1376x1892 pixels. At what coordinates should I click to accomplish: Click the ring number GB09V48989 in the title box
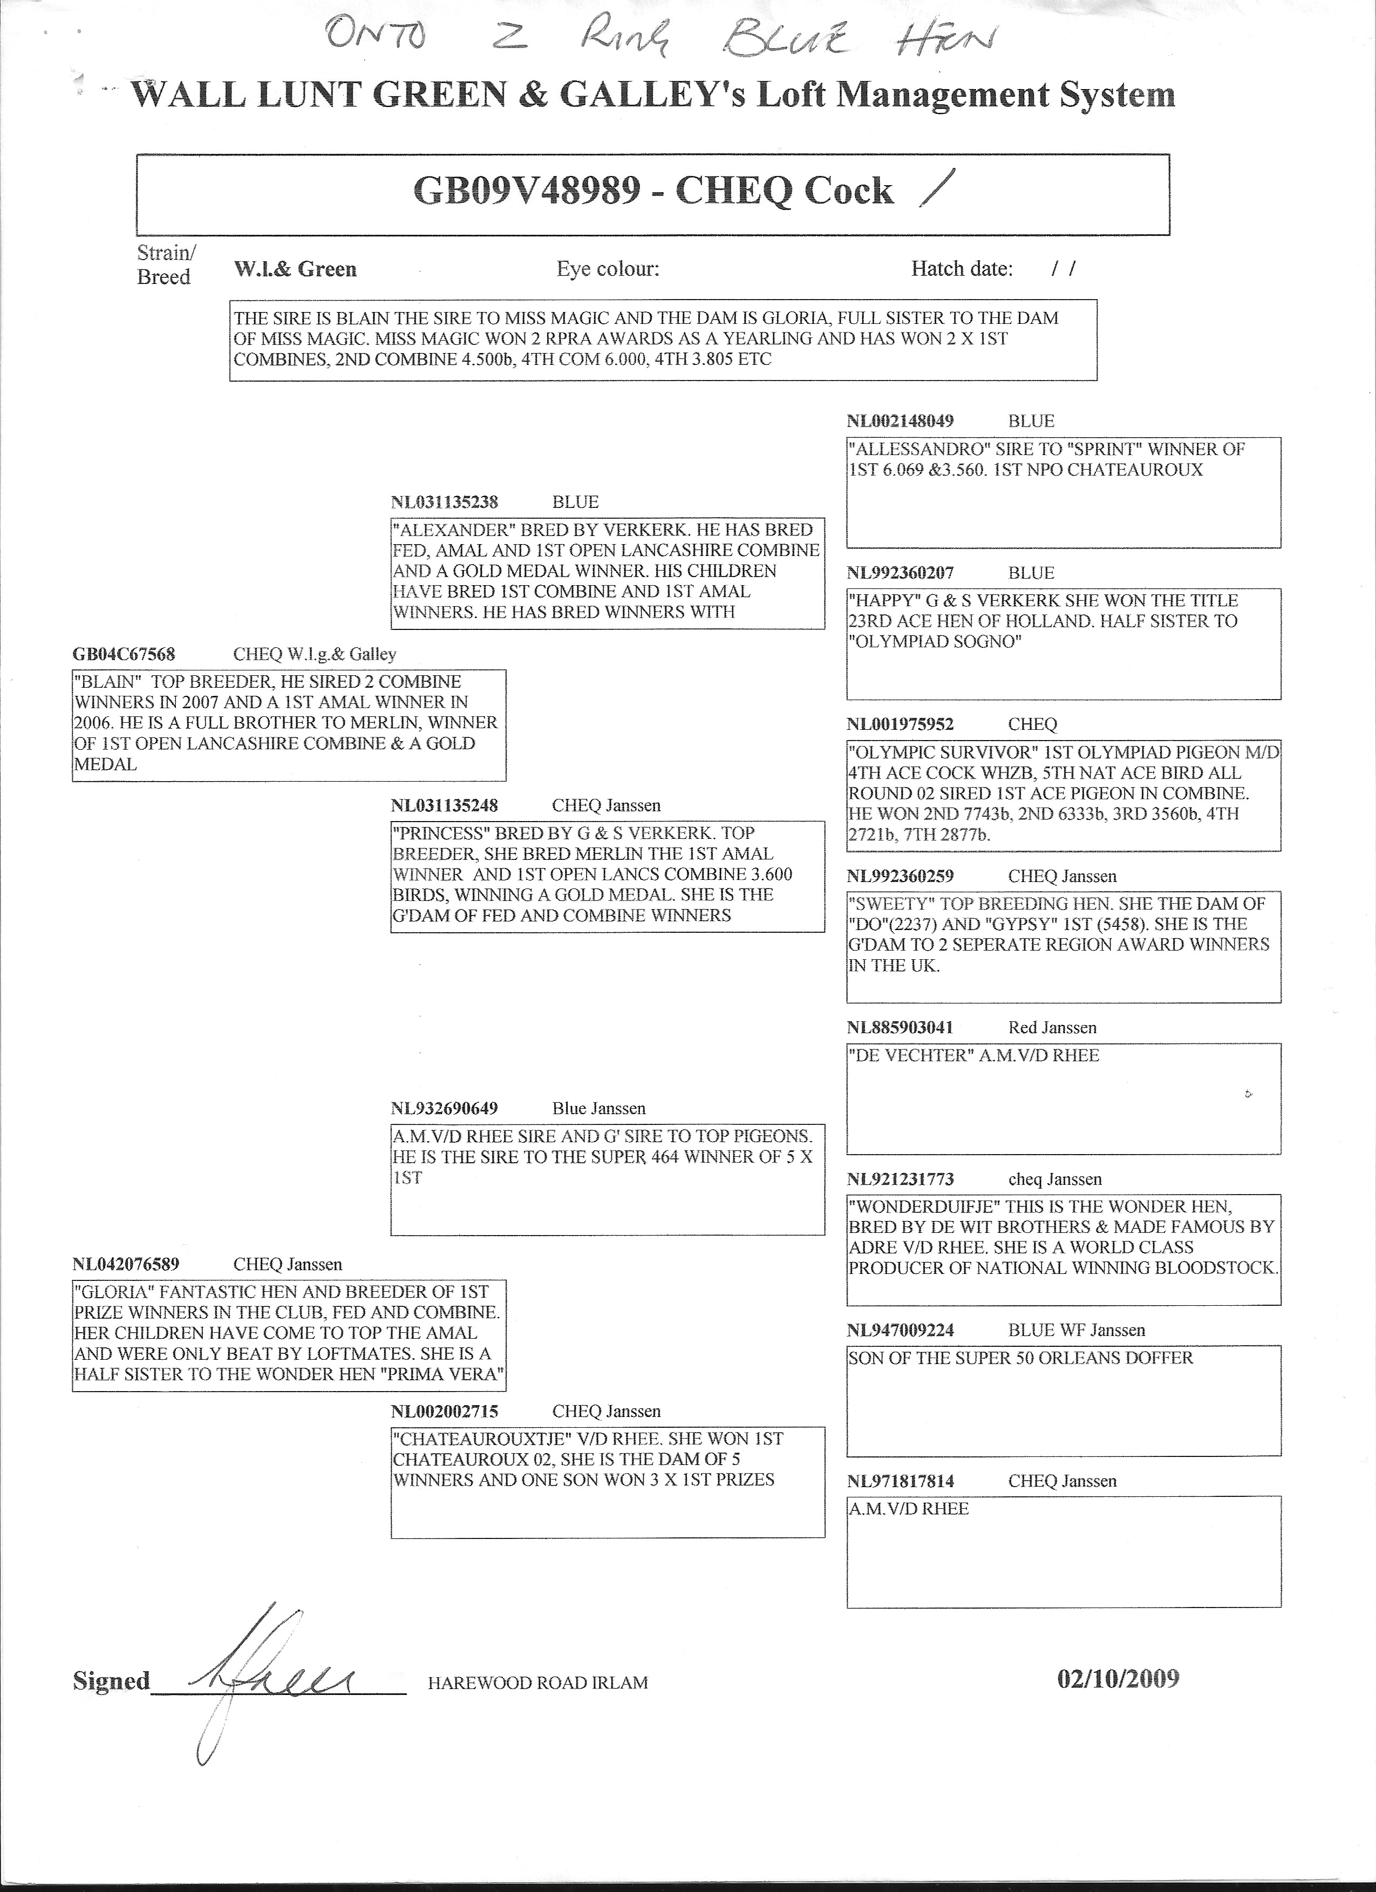click(x=528, y=192)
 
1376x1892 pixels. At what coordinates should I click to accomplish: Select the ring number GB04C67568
click(x=124, y=654)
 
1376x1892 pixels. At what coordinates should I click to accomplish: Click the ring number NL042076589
click(x=126, y=1264)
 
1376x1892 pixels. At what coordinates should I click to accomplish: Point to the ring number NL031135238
click(x=445, y=502)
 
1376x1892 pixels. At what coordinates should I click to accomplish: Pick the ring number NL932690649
click(x=445, y=1109)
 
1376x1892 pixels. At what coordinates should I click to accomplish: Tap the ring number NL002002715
click(x=445, y=1412)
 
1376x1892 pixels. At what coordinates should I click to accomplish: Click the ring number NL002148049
click(x=901, y=421)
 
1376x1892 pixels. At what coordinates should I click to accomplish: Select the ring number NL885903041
click(x=901, y=1028)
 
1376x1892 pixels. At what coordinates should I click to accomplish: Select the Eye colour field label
click(x=608, y=269)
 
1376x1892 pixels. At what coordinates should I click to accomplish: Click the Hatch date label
click(x=962, y=269)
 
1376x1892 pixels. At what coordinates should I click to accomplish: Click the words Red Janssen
click(x=1052, y=1028)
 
